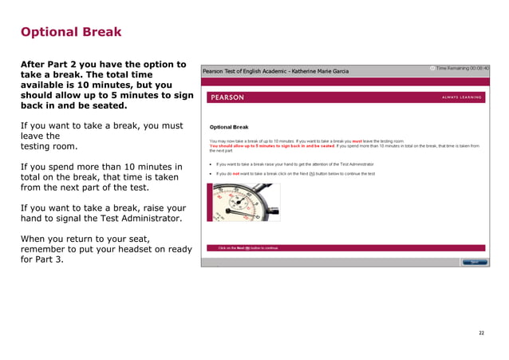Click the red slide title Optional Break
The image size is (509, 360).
[71, 33]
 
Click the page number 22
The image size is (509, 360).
[481, 332]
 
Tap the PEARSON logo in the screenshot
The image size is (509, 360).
[227, 97]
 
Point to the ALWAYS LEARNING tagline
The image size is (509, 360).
[462, 97]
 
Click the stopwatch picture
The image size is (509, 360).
[243, 202]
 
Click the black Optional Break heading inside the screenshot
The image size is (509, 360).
[229, 127]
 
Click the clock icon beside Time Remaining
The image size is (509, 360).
[432, 69]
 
